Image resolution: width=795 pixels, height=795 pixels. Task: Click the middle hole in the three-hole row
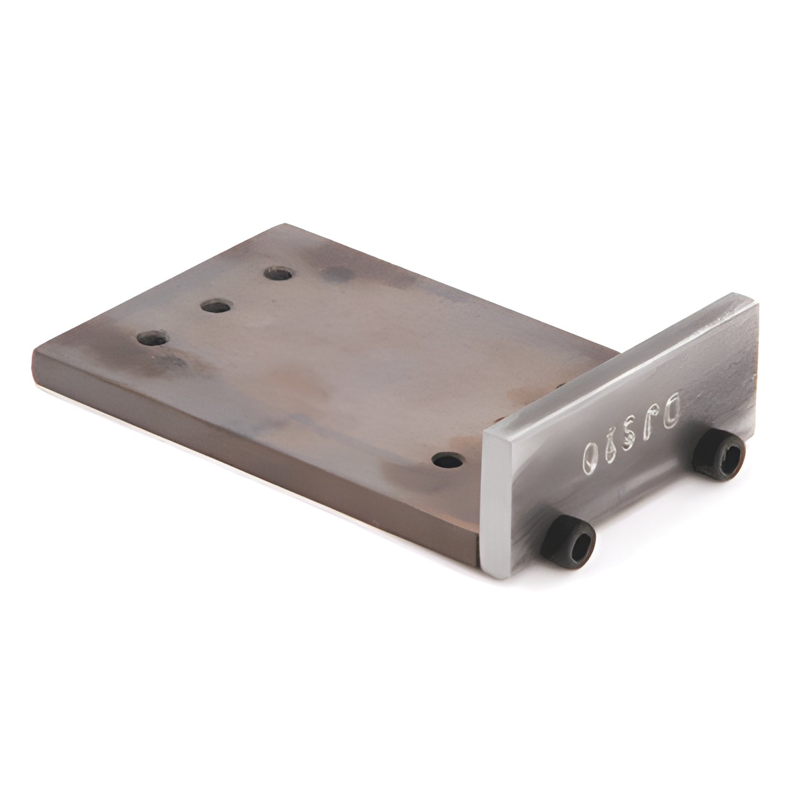click(216, 306)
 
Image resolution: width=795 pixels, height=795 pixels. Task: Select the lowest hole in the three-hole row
click(153, 338)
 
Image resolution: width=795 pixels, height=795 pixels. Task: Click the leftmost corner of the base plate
click(34, 352)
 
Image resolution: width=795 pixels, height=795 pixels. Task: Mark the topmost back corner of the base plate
click(284, 224)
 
